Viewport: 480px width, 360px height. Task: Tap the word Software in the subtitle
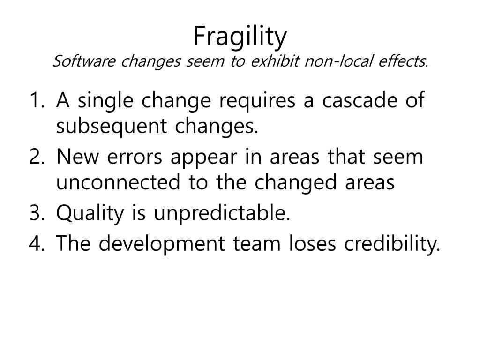click(84, 61)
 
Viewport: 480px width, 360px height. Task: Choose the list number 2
click(37, 157)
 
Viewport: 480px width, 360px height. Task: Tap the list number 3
click(37, 213)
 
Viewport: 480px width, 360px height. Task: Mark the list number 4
click(37, 243)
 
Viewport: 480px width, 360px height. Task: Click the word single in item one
click(105, 102)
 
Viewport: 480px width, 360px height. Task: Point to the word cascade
click(360, 100)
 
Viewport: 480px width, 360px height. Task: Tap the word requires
click(257, 102)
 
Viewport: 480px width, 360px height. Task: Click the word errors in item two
click(135, 157)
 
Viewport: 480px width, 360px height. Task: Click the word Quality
click(90, 214)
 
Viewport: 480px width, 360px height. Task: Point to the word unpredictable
click(222, 213)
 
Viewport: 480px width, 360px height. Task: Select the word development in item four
click(162, 245)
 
